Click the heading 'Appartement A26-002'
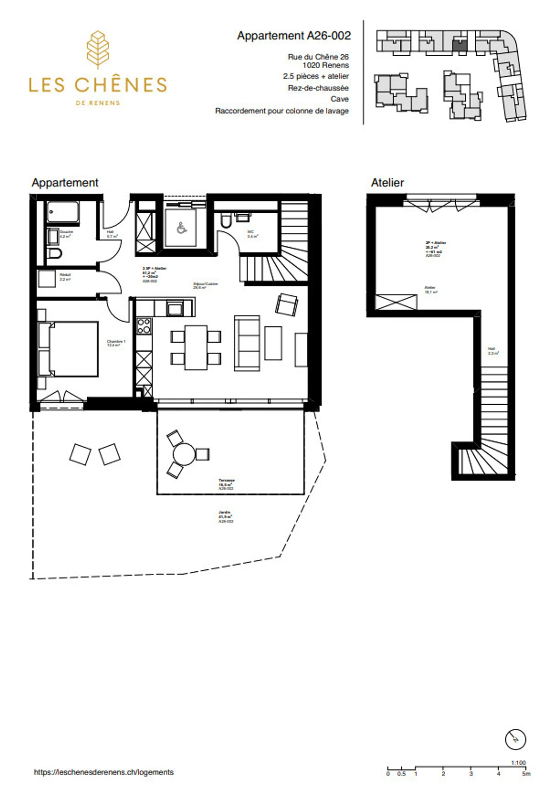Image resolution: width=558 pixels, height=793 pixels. [294, 36]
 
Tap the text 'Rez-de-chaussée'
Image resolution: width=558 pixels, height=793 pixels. [318, 88]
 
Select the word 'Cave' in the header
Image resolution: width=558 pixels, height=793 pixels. [339, 99]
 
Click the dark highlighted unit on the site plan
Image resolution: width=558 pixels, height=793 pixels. [460, 46]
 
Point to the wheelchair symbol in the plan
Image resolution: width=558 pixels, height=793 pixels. [181, 228]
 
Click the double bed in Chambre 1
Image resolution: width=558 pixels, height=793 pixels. [69, 348]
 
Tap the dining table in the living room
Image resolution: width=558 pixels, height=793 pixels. [196, 347]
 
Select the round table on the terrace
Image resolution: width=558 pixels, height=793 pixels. [184, 454]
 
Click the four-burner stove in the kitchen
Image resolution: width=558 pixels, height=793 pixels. [144, 326]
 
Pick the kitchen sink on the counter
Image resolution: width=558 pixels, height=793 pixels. [174, 309]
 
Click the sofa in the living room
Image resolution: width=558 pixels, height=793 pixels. [247, 343]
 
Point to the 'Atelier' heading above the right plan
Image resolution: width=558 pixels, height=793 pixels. [387, 183]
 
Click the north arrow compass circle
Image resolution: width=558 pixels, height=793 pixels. [515, 739]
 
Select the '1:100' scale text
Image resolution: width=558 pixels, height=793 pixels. [518, 763]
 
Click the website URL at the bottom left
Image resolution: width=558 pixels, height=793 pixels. [103, 772]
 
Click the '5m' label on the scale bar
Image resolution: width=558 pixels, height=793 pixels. [526, 774]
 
